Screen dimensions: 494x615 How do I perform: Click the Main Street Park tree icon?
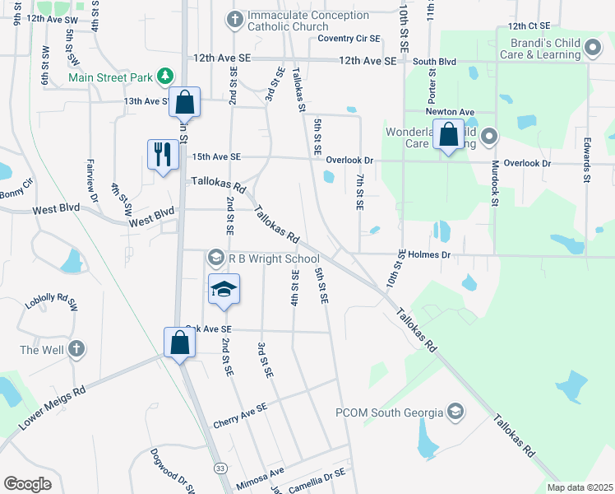[x=166, y=77]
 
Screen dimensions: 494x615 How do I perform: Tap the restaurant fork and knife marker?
[x=161, y=153]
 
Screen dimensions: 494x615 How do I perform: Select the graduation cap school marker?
[x=223, y=290]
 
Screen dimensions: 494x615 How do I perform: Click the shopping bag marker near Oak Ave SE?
[x=179, y=343]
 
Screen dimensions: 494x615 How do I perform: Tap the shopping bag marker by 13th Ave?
[x=186, y=103]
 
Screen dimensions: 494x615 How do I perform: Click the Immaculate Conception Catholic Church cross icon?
[x=234, y=18]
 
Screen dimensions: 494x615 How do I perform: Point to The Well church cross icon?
[x=76, y=350]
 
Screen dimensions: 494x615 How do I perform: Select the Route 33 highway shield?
[x=220, y=468]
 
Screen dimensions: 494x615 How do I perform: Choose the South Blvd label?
[x=434, y=61]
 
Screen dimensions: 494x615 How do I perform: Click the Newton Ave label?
[x=450, y=111]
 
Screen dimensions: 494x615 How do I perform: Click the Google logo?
[x=27, y=484]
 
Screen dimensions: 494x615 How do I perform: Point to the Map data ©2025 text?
[x=579, y=487]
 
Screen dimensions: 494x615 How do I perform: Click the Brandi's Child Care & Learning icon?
[x=592, y=49]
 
